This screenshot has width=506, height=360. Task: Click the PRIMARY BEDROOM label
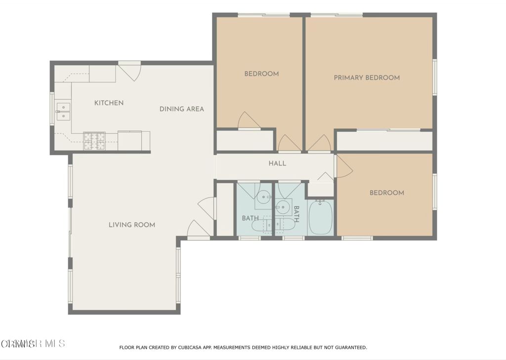[367, 78]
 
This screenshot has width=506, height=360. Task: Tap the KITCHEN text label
[109, 103]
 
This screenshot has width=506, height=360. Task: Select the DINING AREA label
[181, 109]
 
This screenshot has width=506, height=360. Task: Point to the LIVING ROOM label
[132, 225]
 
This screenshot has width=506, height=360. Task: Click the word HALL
[277, 163]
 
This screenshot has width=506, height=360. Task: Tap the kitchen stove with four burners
[94, 140]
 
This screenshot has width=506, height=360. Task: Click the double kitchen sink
[63, 112]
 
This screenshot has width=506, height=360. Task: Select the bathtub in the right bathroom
[321, 217]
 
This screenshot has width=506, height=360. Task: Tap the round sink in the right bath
[283, 206]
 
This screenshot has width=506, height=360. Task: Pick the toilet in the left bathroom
[261, 226]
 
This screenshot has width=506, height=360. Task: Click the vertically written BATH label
[296, 214]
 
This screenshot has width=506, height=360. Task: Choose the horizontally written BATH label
[249, 218]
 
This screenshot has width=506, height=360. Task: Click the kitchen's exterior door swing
[130, 72]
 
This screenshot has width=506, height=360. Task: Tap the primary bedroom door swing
[320, 144]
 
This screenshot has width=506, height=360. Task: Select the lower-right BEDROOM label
[386, 193]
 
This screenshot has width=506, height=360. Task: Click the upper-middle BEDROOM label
[261, 74]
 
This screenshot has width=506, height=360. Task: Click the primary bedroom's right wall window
[435, 78]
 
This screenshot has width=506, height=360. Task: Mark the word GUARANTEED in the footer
[348, 348]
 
